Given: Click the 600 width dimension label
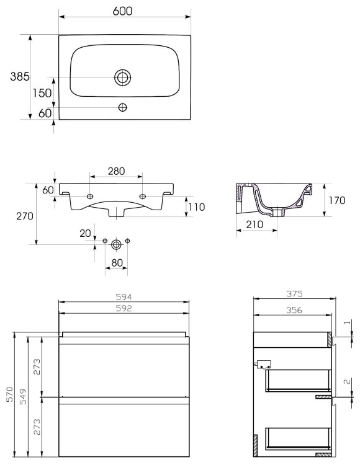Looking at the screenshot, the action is coord(122,11).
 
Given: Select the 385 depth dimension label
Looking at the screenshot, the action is coord(20,76).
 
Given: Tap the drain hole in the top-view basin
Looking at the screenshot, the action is coord(122,78).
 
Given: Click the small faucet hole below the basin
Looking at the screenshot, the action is coord(122,107).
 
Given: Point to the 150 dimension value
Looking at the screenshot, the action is coord(42,93).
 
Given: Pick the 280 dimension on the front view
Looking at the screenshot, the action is coord(117,171).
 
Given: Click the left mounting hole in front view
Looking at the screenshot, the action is coord(90,197).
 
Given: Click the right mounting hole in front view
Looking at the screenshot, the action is coord(143,197).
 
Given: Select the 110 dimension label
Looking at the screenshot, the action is coord(197,207).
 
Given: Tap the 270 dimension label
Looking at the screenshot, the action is coord(25,216).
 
